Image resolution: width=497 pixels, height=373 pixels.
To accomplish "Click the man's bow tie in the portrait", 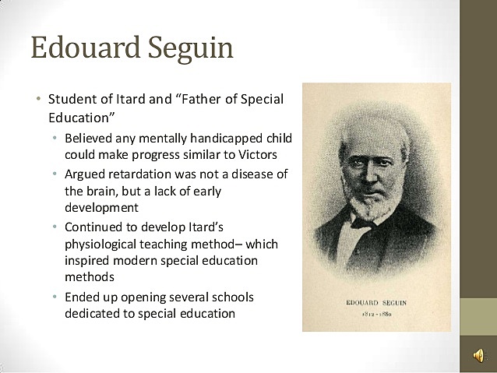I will pos(363,223).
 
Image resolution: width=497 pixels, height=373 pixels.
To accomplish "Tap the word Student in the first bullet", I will pos(71,100).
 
